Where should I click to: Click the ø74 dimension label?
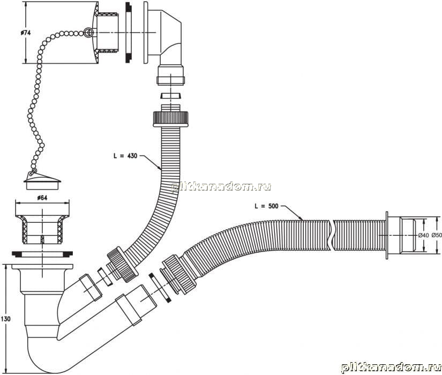point(26,33)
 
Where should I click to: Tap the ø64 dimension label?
point(42,198)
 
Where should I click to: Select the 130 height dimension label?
point(5,319)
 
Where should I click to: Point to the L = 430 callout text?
point(125,156)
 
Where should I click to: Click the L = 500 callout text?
point(266,206)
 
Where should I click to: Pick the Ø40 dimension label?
point(423,235)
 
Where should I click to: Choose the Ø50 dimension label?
point(437,235)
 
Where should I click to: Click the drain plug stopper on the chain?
point(42,181)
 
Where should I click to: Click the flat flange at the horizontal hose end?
point(387,235)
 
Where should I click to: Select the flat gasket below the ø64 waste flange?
point(42,254)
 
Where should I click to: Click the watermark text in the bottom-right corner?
point(391,367)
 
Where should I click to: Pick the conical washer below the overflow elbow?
point(171,95)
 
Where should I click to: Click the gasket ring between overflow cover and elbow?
point(128,33)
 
